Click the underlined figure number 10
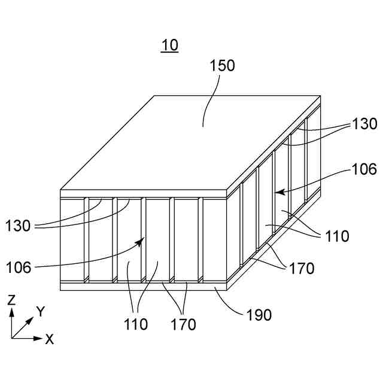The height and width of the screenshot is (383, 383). coord(169,45)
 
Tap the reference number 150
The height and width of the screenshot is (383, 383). coord(222,66)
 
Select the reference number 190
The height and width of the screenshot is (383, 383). coord(259,315)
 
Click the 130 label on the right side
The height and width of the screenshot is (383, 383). coord(364,124)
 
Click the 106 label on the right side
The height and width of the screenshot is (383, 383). coord(364,169)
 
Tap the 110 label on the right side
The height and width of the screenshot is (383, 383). coord(338,236)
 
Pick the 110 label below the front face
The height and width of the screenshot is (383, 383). coord(136,325)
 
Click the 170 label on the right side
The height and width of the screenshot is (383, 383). coord(302,269)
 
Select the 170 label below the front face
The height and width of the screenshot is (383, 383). coord(183,325)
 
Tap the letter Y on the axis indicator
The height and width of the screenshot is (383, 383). coord(40,311)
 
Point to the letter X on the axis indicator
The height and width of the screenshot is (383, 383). coord(50,339)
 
